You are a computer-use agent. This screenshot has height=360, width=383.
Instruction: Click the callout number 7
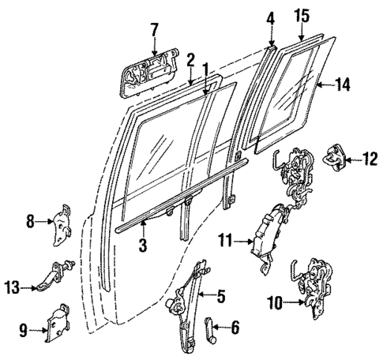click(x=154, y=29)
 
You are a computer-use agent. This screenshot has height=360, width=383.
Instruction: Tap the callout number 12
click(x=370, y=160)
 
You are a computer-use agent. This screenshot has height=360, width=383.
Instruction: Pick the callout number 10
click(x=272, y=300)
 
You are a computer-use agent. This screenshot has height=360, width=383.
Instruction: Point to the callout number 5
click(x=220, y=298)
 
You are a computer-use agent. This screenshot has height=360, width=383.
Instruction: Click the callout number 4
click(x=270, y=16)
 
